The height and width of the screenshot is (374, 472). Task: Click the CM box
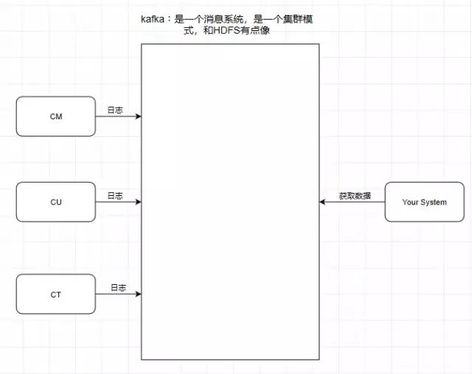(56, 116)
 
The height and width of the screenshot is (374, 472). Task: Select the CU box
(56, 202)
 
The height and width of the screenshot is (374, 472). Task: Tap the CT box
(56, 294)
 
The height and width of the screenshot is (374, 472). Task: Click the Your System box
(424, 202)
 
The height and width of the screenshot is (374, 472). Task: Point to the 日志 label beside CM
(114, 110)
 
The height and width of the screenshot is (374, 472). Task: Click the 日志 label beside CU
(114, 196)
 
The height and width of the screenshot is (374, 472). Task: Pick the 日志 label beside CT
(118, 287)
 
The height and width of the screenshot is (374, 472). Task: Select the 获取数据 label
(355, 196)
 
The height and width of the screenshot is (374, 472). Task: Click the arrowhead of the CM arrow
(138, 116)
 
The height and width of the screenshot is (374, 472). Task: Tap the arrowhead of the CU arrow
(138, 202)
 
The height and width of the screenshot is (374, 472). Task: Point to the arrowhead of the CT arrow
(138, 294)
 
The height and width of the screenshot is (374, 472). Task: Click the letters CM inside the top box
(56, 116)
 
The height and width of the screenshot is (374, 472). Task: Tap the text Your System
(424, 202)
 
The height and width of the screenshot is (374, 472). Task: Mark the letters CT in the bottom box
(56, 294)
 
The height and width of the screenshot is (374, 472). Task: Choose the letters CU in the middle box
(56, 202)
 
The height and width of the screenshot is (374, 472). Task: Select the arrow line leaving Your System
(354, 202)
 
